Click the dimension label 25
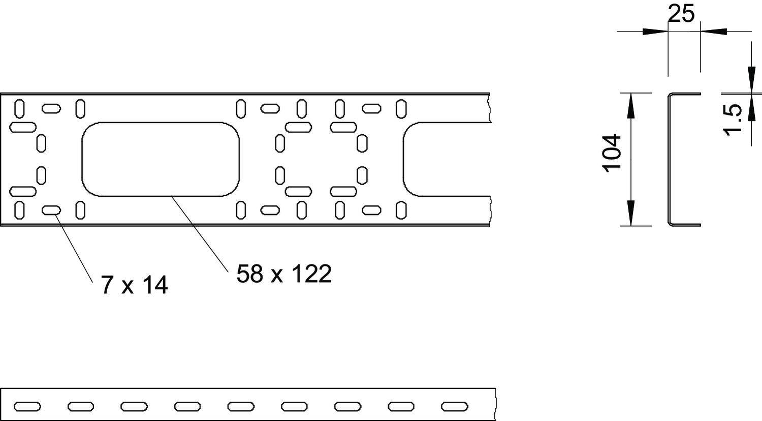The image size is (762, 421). coord(681,14)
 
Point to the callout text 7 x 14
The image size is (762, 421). coord(134,286)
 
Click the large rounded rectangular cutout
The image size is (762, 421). coord(160,159)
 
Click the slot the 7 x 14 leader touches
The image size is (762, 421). coord(51,210)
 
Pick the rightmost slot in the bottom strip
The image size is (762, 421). coord(454,406)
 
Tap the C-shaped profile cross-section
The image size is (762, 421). coord(670,159)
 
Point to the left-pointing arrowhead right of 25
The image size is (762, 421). coord(714,32)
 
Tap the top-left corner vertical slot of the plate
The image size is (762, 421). coord(19,108)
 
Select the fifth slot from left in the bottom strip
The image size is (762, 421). coord(241,406)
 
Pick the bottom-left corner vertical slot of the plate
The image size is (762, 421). coord(19,209)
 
